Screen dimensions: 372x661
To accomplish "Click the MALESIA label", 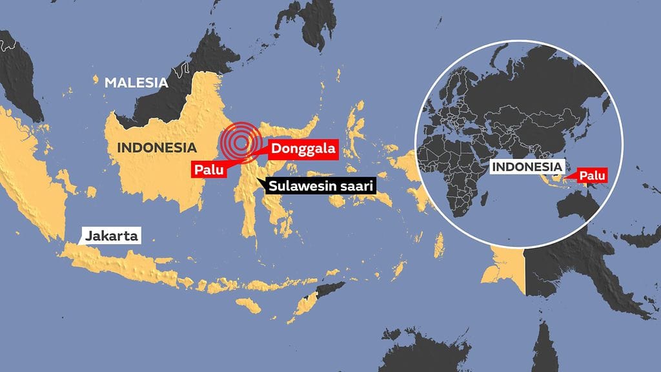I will [x=136, y=83].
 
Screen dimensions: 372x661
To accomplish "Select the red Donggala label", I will [x=303, y=149].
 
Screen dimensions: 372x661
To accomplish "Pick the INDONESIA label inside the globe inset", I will [x=526, y=167].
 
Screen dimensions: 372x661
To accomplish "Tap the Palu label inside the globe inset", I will [x=590, y=175].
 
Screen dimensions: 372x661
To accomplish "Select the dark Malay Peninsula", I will [x=16, y=71].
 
